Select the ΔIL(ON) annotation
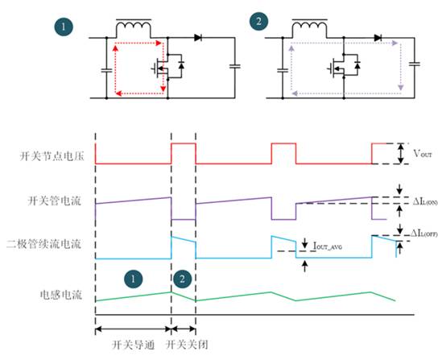pyautogui.click(x=420, y=201)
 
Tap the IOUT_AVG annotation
pyautogui.click(x=328, y=250)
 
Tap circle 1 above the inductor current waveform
pyautogui.click(x=134, y=279)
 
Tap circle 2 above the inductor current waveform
pyautogui.click(x=183, y=279)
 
